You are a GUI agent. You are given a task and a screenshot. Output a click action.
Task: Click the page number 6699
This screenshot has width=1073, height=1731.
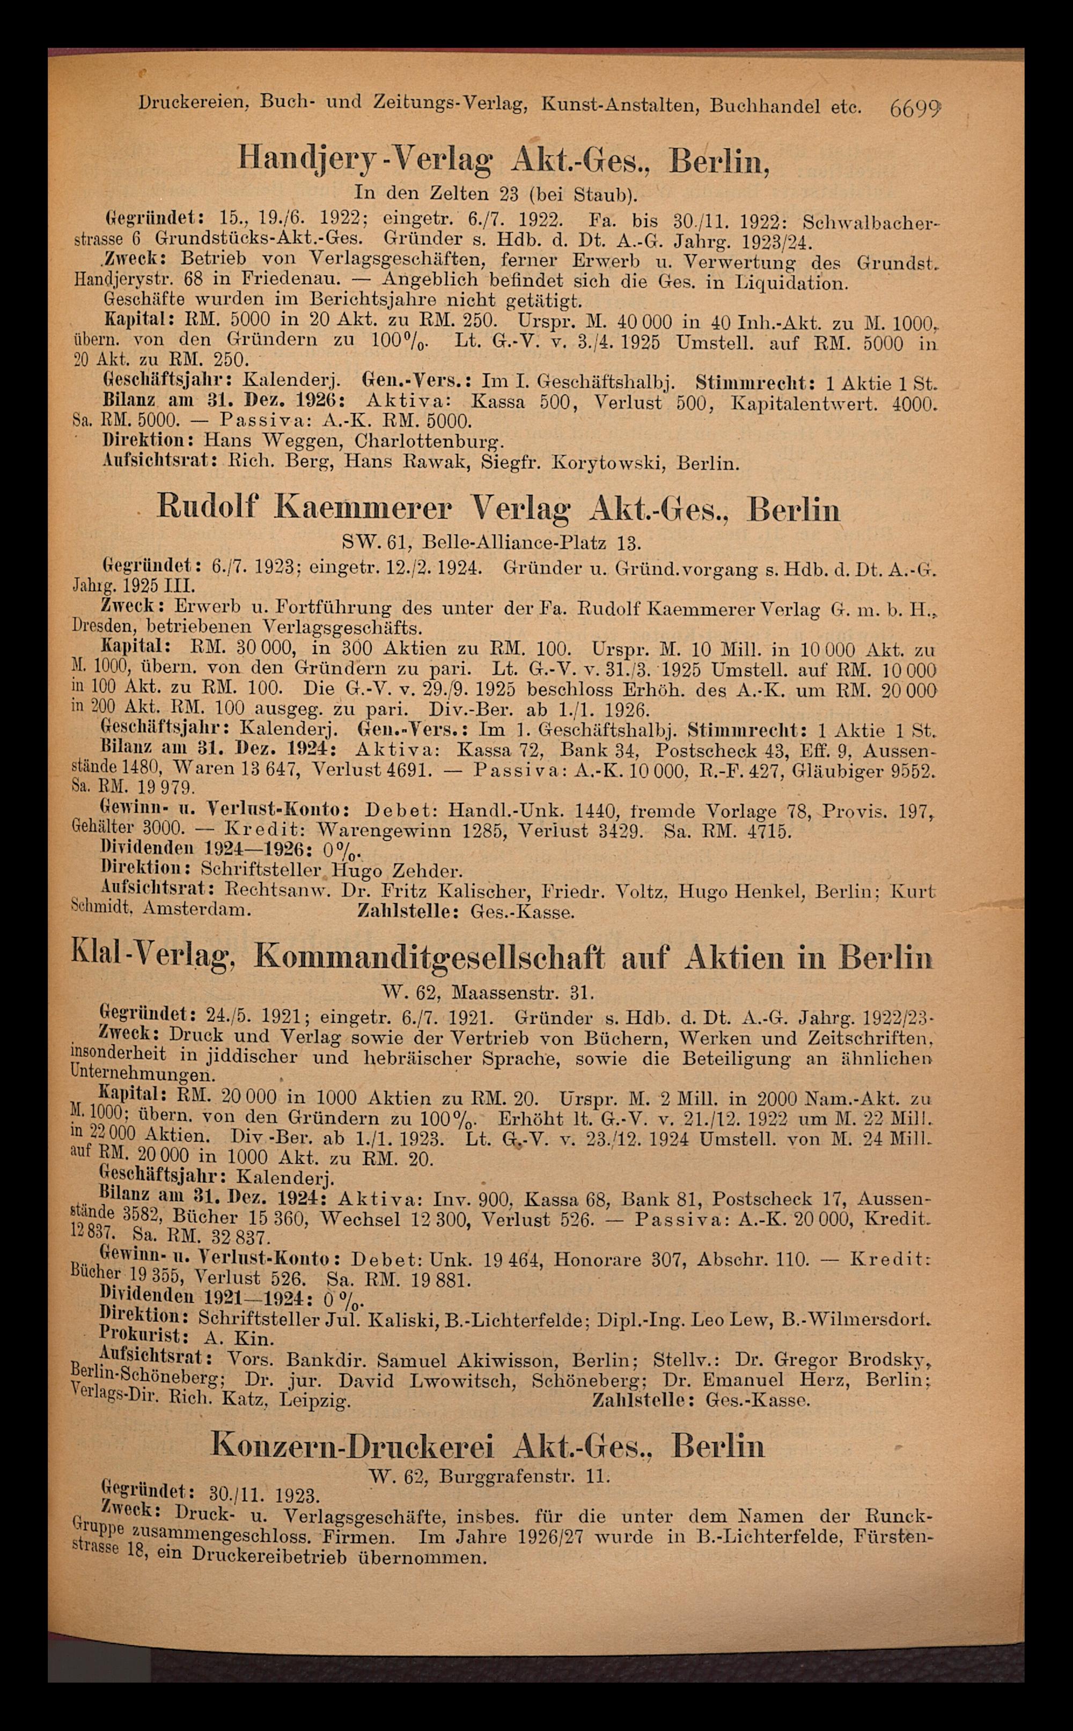915,108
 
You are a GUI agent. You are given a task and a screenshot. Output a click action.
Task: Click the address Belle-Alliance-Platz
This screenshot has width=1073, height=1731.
515,544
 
